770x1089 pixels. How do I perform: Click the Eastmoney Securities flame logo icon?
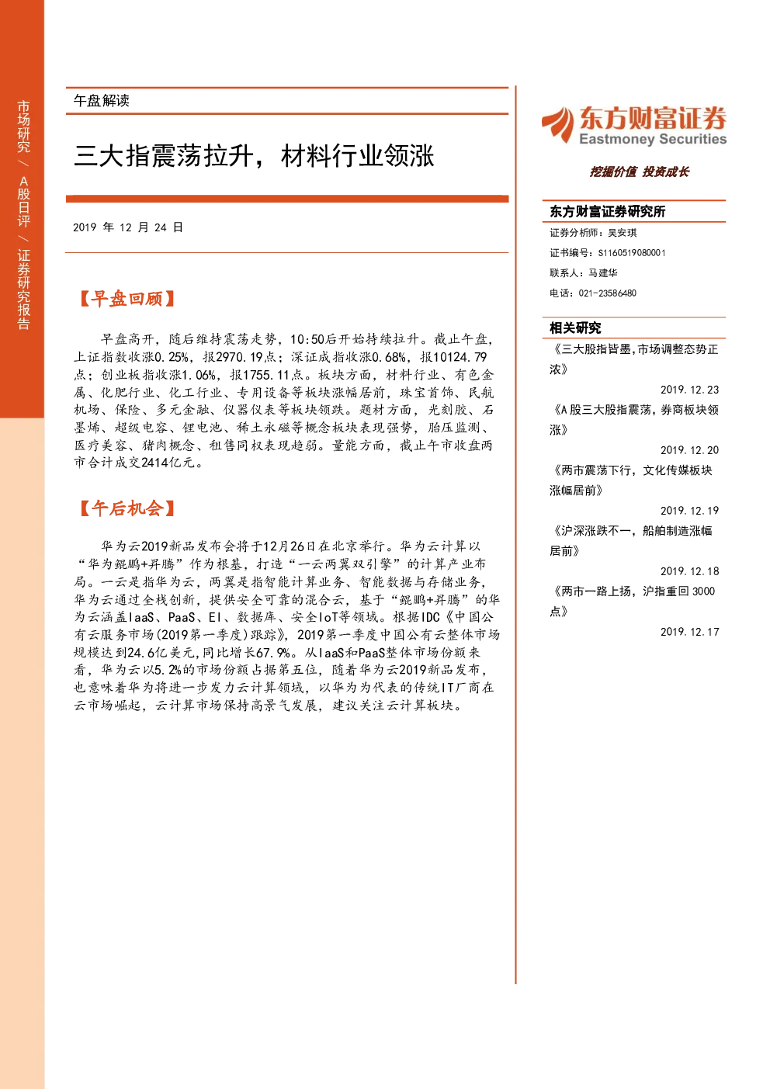(558, 124)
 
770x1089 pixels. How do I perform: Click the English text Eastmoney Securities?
(652, 139)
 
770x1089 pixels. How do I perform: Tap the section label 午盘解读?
(101, 101)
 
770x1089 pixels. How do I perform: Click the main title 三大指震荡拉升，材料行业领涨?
(254, 156)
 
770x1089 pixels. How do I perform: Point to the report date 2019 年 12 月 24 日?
(128, 227)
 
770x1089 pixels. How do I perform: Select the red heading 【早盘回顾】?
(127, 299)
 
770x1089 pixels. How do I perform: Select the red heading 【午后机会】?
(127, 508)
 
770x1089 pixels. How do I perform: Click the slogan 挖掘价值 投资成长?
(640, 172)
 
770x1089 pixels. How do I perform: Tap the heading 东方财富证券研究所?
(607, 211)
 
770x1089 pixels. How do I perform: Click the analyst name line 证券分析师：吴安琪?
(593, 233)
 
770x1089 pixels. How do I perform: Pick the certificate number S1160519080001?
(632, 253)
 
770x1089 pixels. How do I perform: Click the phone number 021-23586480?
(607, 293)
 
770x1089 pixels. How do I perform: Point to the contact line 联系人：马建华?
(584, 272)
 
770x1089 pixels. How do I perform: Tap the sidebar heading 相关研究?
(575, 328)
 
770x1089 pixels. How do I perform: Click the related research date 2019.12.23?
(689, 390)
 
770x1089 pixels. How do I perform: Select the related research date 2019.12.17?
(689, 632)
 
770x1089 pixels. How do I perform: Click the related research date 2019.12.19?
(689, 511)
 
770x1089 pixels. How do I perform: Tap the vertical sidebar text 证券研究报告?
(23, 290)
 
